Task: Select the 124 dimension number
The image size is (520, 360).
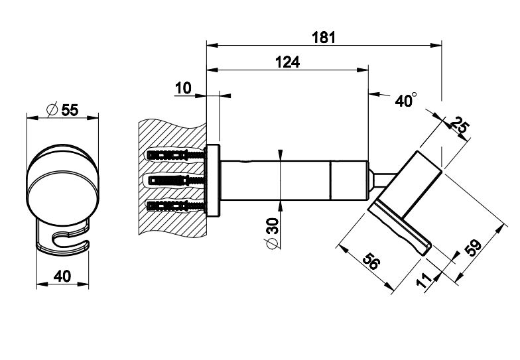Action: click(x=287, y=62)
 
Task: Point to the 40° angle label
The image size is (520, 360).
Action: click(x=405, y=101)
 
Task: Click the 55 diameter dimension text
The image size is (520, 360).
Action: click(x=70, y=110)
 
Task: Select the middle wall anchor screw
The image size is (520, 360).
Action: click(x=174, y=180)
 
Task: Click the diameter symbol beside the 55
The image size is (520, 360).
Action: click(x=52, y=110)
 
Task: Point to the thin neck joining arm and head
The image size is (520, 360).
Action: click(x=383, y=180)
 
